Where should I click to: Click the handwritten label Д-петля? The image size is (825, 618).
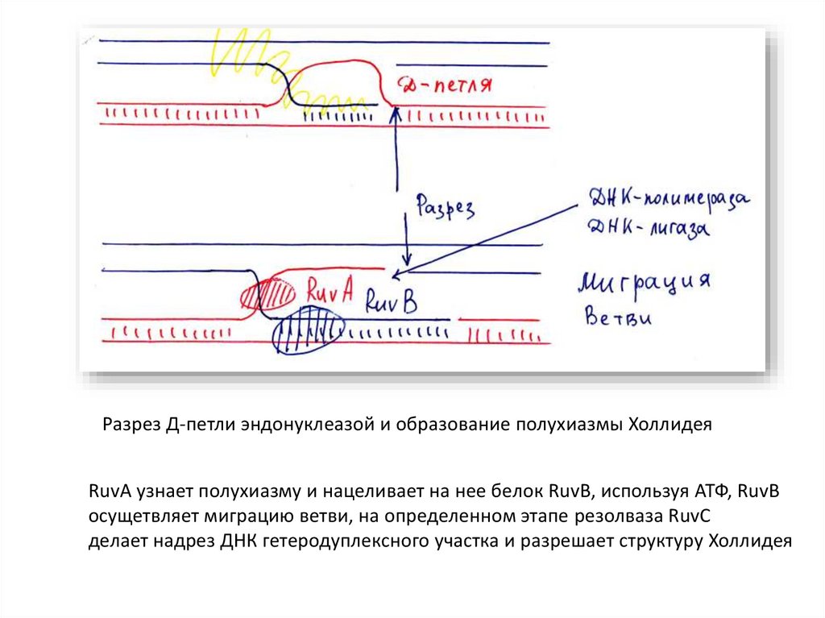(x=446, y=85)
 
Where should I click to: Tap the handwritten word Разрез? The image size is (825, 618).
(x=446, y=207)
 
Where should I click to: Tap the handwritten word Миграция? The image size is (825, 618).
(x=643, y=284)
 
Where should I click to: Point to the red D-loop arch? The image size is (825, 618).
(x=338, y=68)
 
